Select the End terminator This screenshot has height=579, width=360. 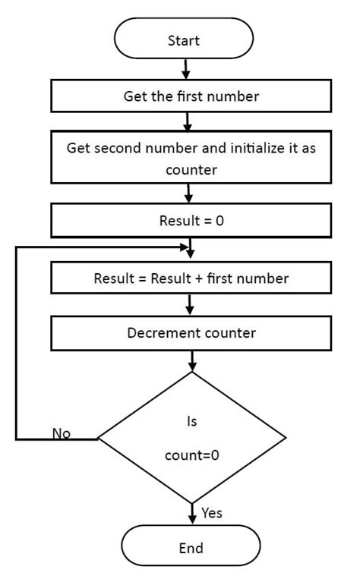[191, 547]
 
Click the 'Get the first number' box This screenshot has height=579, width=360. [191, 96]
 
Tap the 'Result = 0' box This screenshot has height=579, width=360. [191, 222]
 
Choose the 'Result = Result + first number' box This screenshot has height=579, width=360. [191, 278]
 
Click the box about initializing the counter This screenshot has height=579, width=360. [191, 159]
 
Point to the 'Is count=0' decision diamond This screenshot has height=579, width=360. [191, 438]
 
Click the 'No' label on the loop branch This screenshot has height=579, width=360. [62, 433]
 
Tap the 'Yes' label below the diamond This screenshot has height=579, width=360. [212, 514]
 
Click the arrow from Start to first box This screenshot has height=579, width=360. [185, 69]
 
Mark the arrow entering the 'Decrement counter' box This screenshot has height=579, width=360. [191, 305]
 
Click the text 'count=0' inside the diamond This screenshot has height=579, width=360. [191, 458]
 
